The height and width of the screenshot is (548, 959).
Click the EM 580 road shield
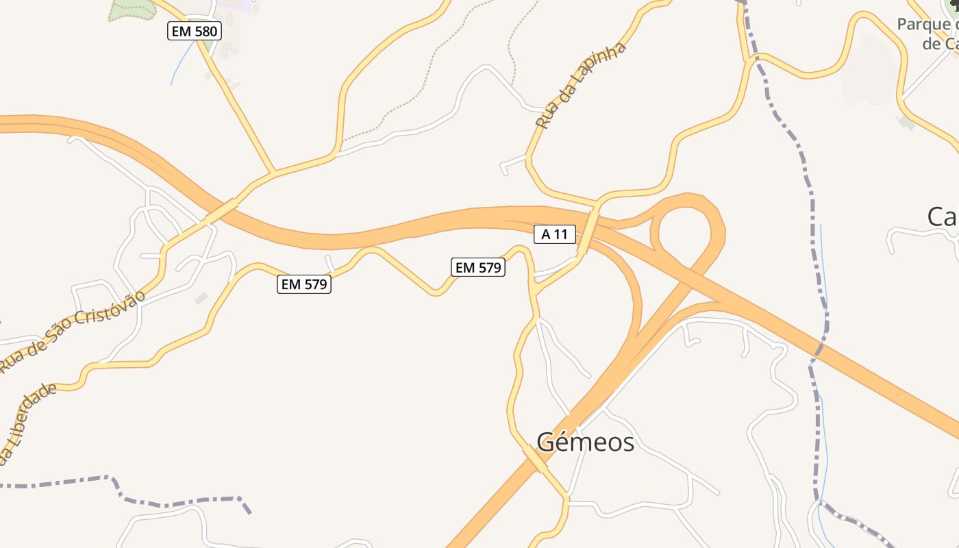pyautogui.click(x=195, y=31)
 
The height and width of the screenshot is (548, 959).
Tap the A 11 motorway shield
pyautogui.click(x=555, y=234)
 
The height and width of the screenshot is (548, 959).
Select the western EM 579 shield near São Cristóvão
pyautogui.click(x=304, y=284)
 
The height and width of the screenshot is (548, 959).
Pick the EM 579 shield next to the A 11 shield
pyautogui.click(x=479, y=268)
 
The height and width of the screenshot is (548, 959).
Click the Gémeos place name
pyautogui.click(x=585, y=443)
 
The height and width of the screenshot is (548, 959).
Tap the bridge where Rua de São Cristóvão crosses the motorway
pyautogui.click(x=221, y=212)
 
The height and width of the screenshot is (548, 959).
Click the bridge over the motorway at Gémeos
pyautogui.click(x=535, y=460)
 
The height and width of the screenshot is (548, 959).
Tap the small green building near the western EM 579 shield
pyautogui.click(x=201, y=299)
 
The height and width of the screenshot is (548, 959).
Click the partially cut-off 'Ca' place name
pyautogui.click(x=943, y=216)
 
